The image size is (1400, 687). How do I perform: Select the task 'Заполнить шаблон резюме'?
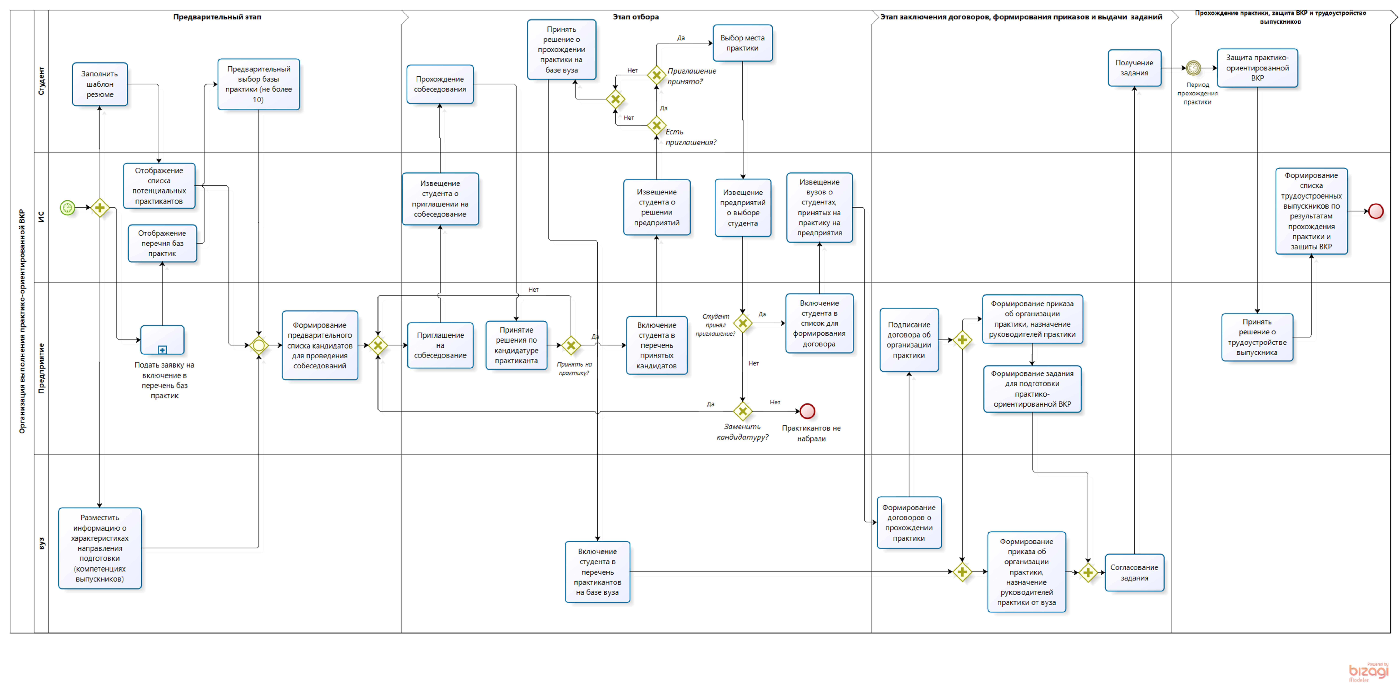[100, 84]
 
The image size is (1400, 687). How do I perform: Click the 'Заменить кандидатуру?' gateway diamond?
[742, 411]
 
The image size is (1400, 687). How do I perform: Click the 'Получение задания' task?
[1134, 68]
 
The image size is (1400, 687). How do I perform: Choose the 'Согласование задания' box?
[1134, 572]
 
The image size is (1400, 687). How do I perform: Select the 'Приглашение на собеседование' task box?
[440, 345]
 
